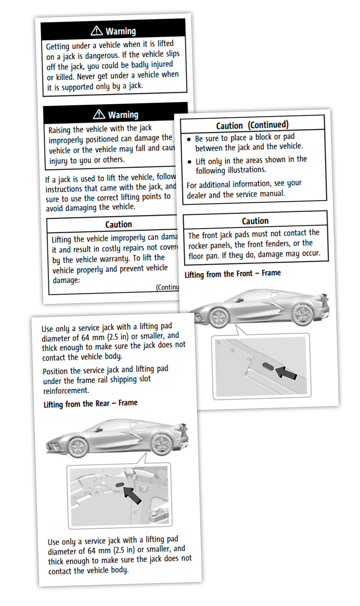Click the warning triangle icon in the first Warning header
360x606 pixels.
[x=97, y=31]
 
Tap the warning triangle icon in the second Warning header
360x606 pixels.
[x=99, y=114]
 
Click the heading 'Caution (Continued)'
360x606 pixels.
[x=252, y=125]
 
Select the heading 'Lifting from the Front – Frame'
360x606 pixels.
[x=233, y=274]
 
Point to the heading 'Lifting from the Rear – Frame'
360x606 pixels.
[x=90, y=404]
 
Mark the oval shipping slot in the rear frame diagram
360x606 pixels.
[x=120, y=485]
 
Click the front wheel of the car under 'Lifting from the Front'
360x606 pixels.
[x=219, y=317]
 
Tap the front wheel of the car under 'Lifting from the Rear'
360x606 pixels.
[x=77, y=447]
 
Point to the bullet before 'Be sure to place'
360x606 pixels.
[x=189, y=139]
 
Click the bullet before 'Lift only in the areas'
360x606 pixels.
[x=189, y=162]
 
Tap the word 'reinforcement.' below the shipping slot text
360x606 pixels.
[x=66, y=390]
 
